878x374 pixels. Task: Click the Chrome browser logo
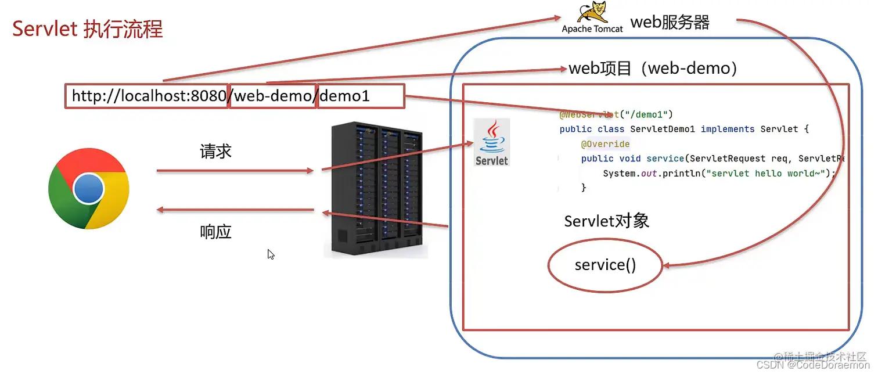point(88,189)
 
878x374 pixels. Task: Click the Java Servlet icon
point(491,142)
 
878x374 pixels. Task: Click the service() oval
point(605,265)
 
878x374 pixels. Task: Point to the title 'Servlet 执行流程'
point(88,29)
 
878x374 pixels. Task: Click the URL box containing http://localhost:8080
point(146,96)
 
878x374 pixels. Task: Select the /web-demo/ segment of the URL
point(274,96)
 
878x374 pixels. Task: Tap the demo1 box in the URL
point(361,96)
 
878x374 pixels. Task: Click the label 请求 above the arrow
point(215,152)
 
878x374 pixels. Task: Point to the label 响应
point(215,232)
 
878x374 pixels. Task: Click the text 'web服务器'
point(670,23)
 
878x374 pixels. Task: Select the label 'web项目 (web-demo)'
point(653,69)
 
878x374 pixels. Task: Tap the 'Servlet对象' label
point(606,221)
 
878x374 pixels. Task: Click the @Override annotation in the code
point(604,144)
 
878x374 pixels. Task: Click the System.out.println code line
point(718,173)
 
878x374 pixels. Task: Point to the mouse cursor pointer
point(271,254)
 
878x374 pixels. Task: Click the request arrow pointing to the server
point(235,171)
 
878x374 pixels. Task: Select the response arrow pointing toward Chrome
point(235,210)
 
